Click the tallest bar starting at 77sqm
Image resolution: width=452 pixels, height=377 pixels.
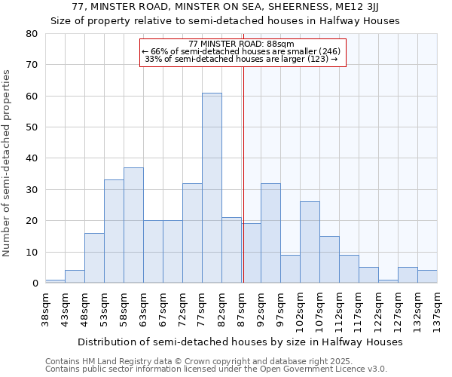click(212, 188)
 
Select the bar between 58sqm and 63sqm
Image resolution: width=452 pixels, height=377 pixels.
click(133, 225)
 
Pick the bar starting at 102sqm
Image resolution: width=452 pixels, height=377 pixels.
click(310, 242)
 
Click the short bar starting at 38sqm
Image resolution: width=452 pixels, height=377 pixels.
click(55, 281)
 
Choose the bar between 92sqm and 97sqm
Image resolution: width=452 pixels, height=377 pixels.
click(270, 233)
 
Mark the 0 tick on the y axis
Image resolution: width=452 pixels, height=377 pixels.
click(35, 283)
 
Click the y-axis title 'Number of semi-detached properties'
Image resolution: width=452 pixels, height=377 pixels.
click(8, 163)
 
